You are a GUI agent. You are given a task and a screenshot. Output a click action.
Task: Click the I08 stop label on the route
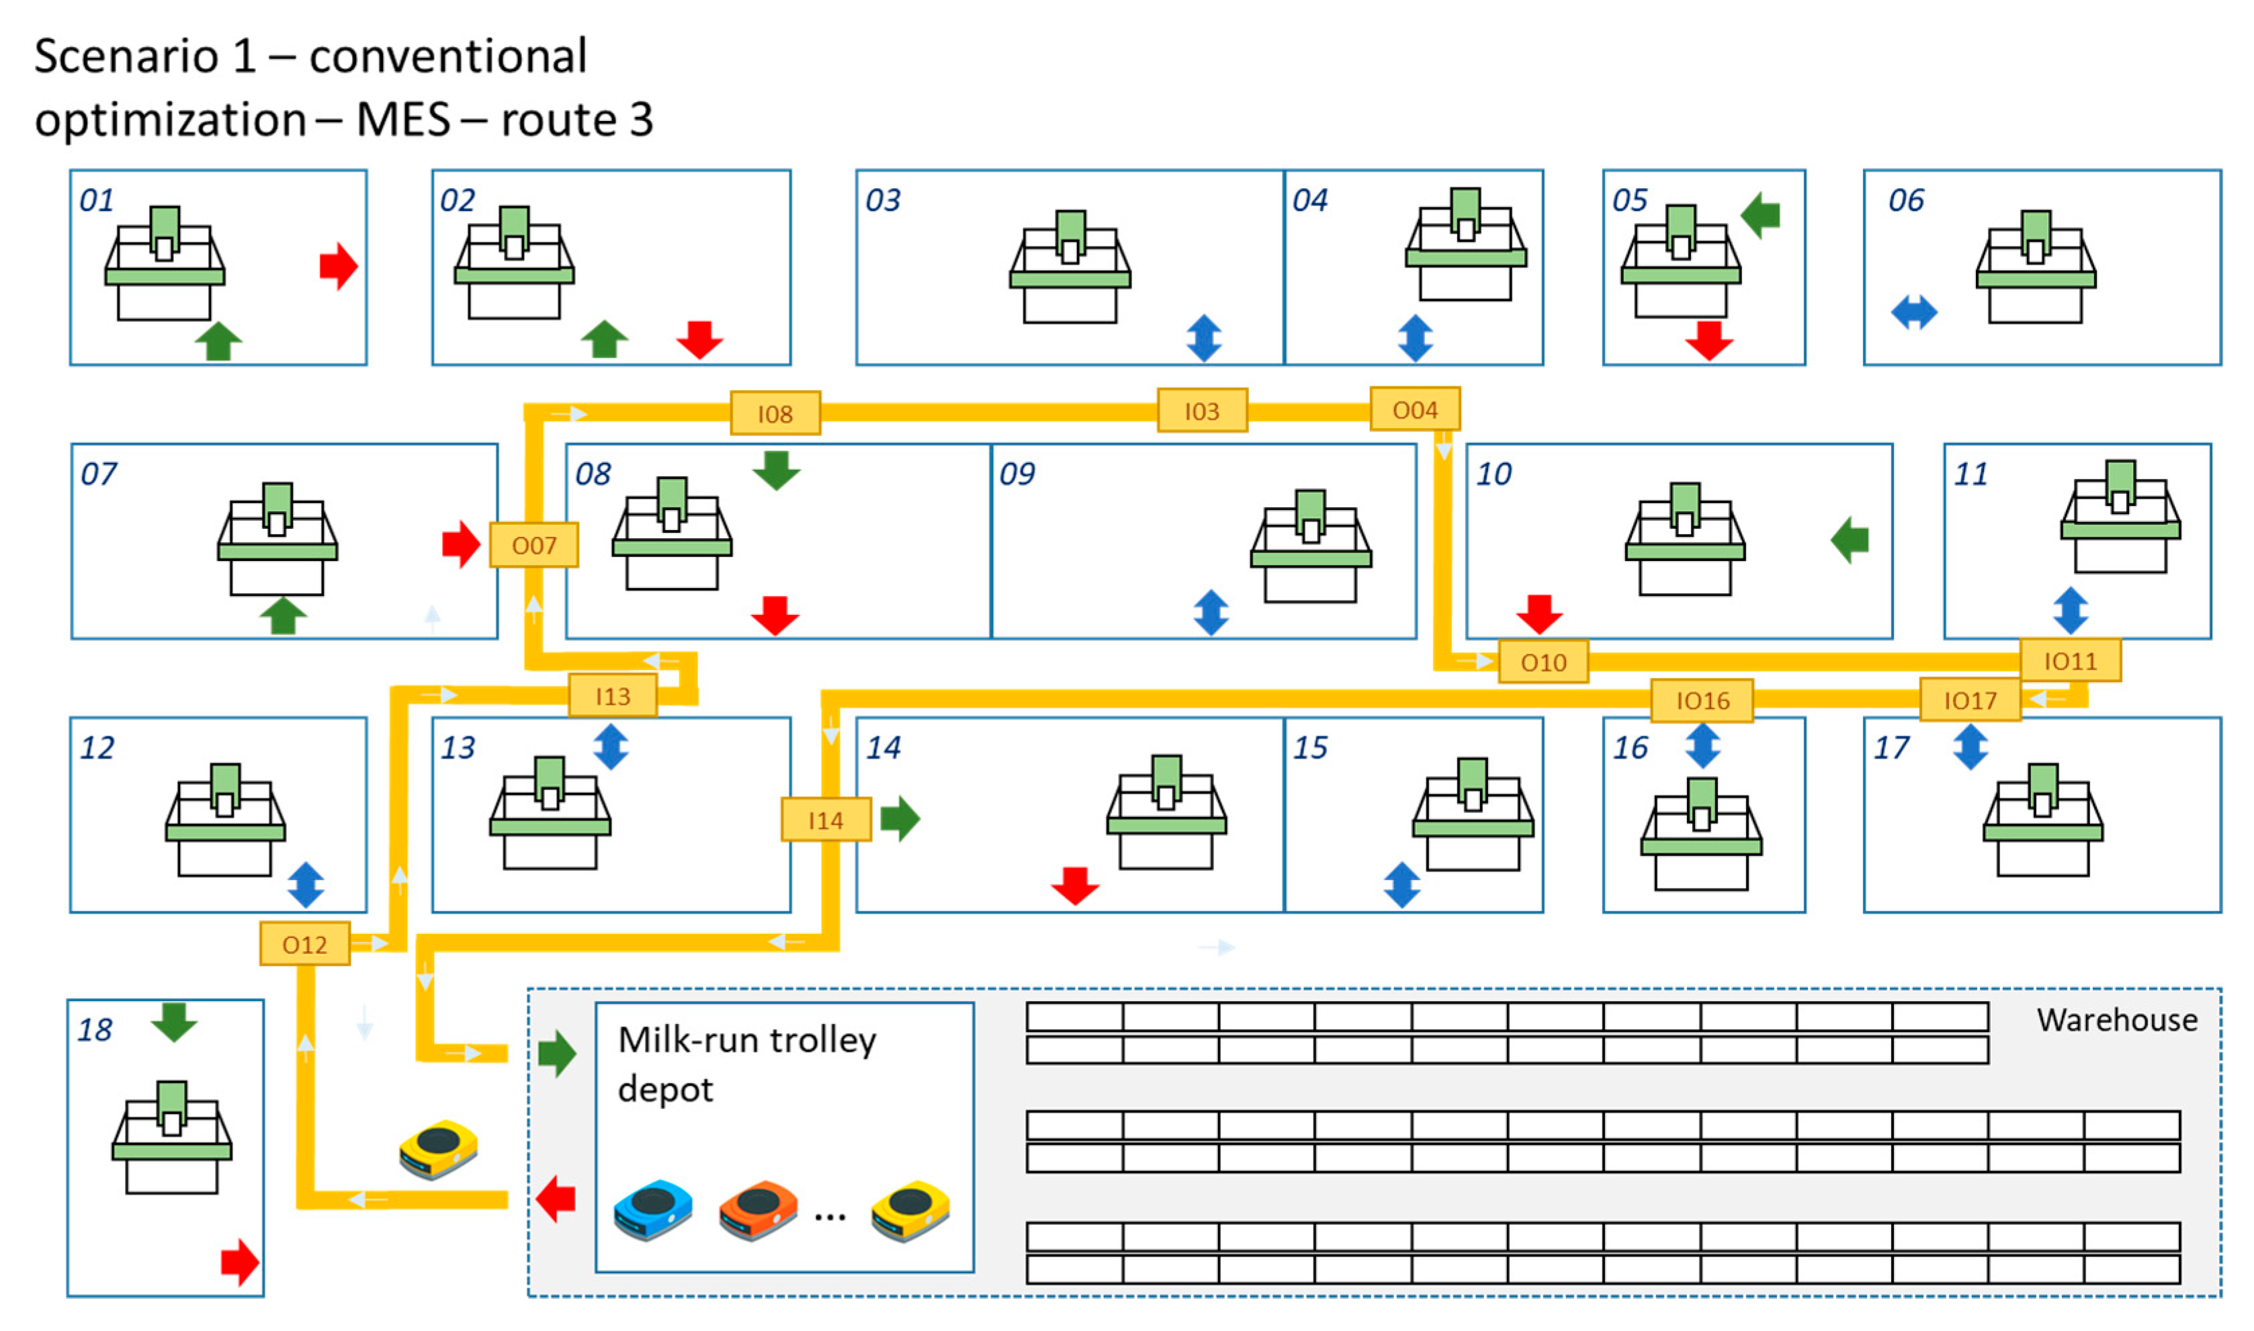(775, 413)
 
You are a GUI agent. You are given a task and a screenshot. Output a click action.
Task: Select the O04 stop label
(1414, 410)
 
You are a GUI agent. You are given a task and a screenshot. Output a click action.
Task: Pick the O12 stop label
(304, 945)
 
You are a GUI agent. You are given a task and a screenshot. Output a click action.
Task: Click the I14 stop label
(825, 820)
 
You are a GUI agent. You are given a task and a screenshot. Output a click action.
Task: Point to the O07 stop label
(533, 546)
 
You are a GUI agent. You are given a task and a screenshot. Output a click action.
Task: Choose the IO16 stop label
(1702, 701)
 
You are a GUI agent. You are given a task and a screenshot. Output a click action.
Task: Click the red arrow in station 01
(339, 266)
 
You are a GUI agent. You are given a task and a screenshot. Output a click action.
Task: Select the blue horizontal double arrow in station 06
(1913, 313)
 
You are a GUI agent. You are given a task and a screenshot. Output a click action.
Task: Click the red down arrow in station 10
(1538, 613)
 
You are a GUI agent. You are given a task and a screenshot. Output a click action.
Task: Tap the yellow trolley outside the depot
(439, 1148)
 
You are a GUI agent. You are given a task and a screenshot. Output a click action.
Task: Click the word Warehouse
(2116, 1020)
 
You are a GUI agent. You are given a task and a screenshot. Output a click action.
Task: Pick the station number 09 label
(1016, 474)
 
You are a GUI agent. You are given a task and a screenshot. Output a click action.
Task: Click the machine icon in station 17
(2042, 820)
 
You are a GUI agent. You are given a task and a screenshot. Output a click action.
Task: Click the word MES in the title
(402, 120)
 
